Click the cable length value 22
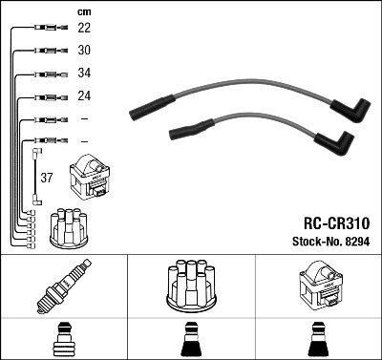84,29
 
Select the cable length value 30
84,51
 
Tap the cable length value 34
84,74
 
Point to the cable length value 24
84,96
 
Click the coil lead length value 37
48,177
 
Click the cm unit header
83,11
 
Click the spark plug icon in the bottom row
64,287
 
